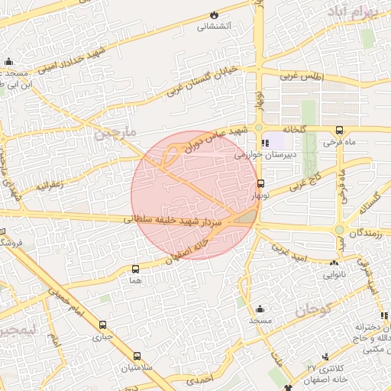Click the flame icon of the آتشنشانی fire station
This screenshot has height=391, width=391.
(x=214, y=15)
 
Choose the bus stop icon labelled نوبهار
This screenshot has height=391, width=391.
(x=261, y=184)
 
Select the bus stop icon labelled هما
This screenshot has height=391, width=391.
(x=136, y=270)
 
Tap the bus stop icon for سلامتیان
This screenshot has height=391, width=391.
(x=137, y=356)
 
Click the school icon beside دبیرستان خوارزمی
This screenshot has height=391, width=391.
(x=265, y=143)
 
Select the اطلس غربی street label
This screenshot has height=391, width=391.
(x=302, y=77)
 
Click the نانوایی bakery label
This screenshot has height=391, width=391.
(x=334, y=273)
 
